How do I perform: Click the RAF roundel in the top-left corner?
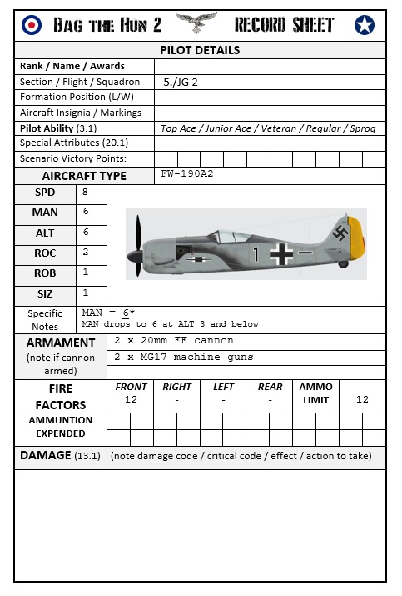(32, 25)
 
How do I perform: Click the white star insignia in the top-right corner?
(365, 26)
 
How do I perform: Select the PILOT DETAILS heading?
(200, 50)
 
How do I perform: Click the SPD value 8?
(85, 193)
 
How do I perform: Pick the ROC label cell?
(45, 253)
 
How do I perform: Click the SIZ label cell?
(45, 293)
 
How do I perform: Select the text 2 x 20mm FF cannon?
(174, 341)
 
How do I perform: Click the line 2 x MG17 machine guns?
(184, 357)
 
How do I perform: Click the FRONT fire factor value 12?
(131, 400)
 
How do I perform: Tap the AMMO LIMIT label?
(315, 393)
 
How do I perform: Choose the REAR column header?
(270, 387)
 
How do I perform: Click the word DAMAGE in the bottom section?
(46, 456)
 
